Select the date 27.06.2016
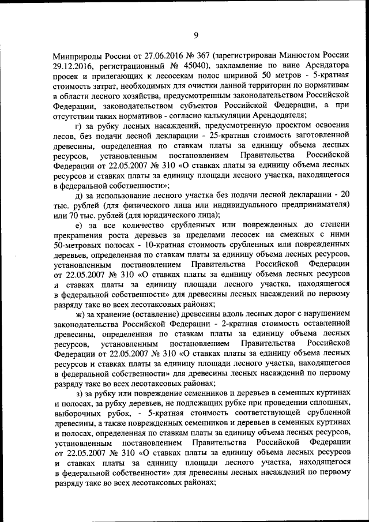pos(159,57)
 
